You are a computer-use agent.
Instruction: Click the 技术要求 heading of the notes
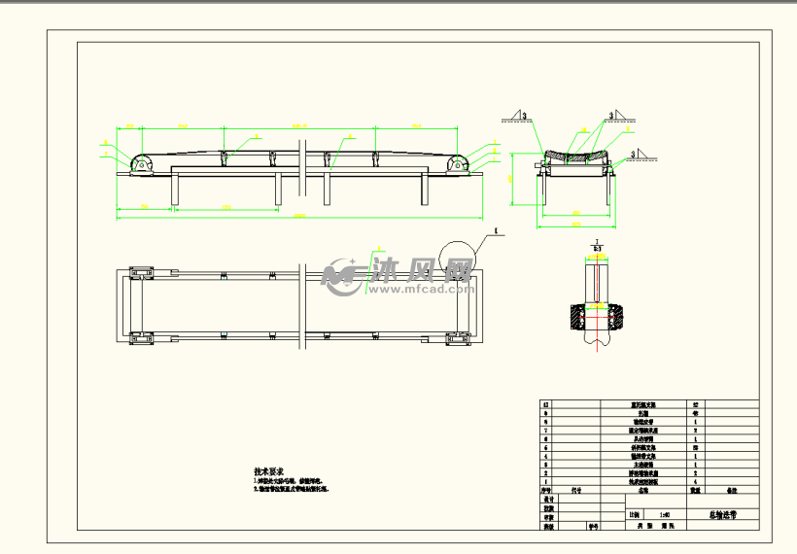(267, 470)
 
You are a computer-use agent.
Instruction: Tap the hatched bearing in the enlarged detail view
(596, 318)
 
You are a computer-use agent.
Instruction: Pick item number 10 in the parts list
(545, 403)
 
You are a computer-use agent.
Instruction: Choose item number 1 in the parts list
(545, 481)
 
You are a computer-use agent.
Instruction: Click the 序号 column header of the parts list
(546, 492)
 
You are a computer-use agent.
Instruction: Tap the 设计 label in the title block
(549, 500)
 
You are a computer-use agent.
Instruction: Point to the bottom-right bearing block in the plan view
(458, 339)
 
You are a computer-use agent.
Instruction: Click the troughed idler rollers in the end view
(576, 156)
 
